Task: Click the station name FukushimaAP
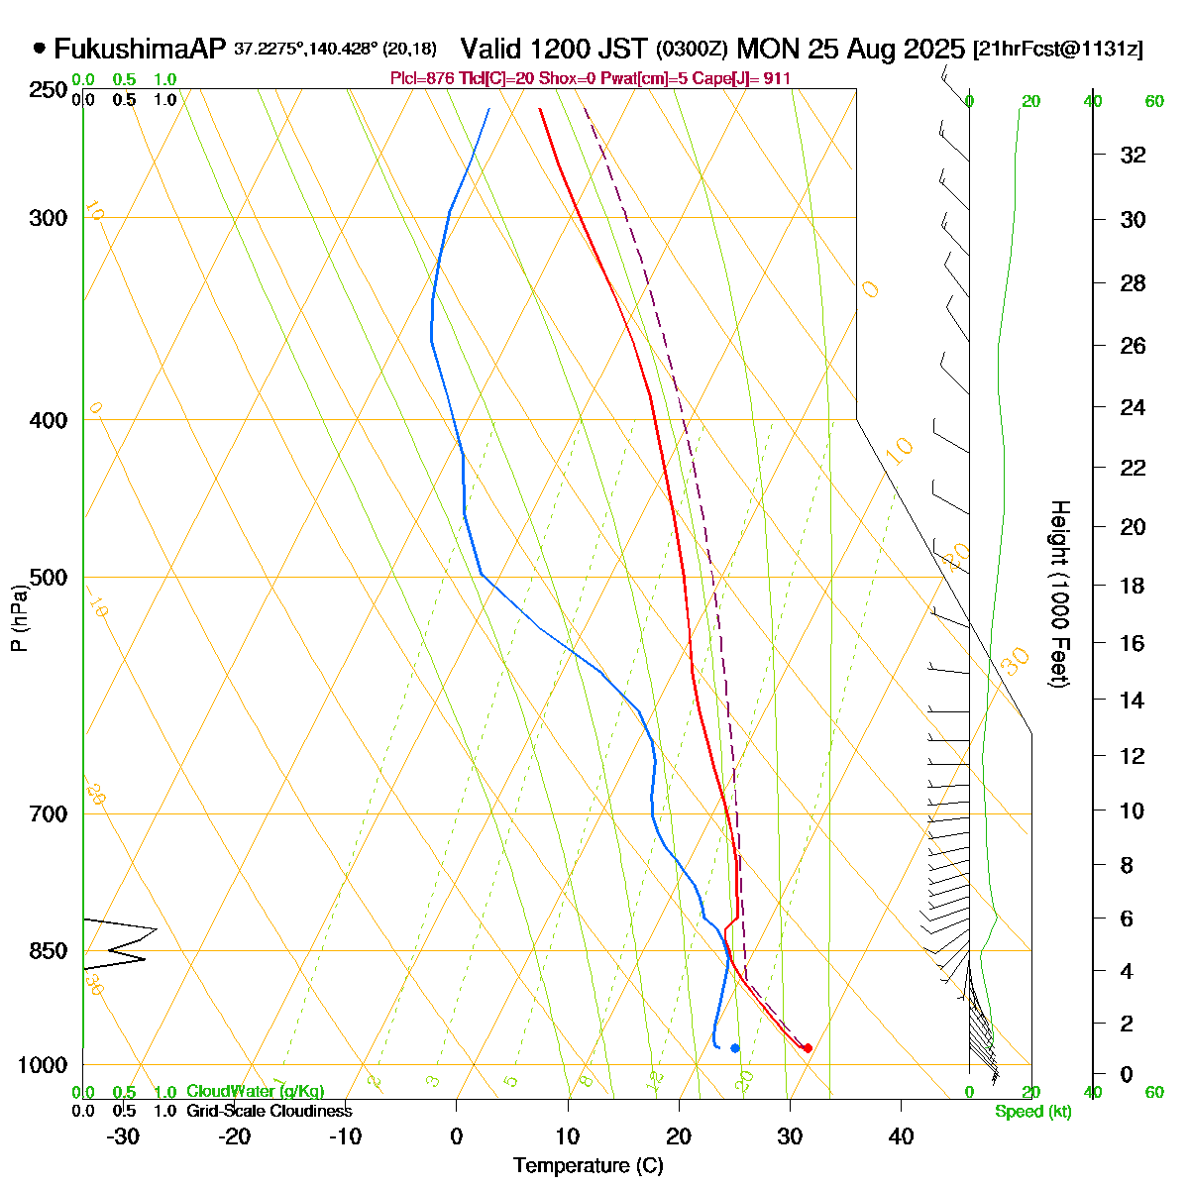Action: point(140,49)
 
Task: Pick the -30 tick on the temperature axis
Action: point(123,1136)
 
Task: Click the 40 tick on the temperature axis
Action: point(901,1136)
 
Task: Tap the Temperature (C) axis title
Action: point(589,1165)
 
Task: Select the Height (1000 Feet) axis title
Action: point(1058,594)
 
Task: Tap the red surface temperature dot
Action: point(808,1048)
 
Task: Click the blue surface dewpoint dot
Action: point(735,1048)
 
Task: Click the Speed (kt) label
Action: point(1032,1112)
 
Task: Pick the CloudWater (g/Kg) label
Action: point(255,1091)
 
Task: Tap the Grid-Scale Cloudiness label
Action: point(269,1111)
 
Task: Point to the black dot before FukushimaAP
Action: point(40,47)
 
